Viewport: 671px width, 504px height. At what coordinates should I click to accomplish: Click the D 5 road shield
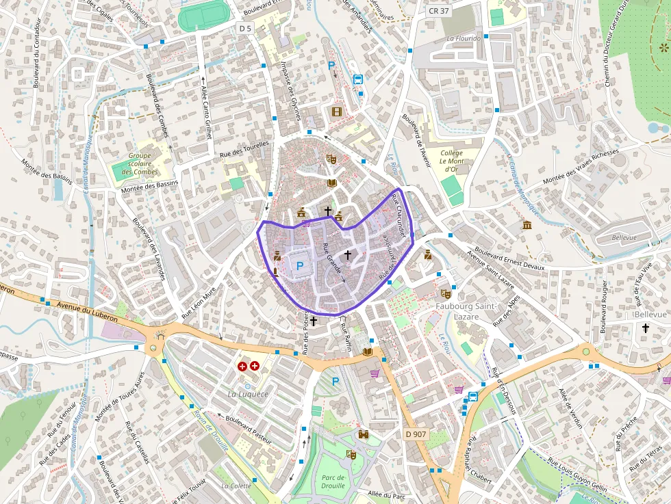pos(246,28)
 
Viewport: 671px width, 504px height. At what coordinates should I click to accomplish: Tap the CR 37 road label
pos(438,11)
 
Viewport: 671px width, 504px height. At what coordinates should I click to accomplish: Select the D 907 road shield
pos(415,434)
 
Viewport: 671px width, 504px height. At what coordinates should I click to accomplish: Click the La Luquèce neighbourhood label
pos(248,395)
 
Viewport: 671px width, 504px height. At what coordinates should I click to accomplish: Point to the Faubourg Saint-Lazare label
pos(466,311)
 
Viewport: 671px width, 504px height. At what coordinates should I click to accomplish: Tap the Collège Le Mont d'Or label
pos(451,161)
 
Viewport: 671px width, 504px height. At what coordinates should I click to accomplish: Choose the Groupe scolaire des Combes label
pos(140,163)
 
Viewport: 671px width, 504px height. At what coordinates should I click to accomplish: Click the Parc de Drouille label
pos(333,481)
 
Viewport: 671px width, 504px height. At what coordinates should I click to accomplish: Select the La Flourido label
pos(464,39)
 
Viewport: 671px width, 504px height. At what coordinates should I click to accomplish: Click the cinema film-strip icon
pos(336,111)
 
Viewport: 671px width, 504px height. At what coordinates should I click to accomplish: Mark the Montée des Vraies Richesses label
pos(580,166)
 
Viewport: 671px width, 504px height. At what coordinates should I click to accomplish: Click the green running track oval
pos(201,15)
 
